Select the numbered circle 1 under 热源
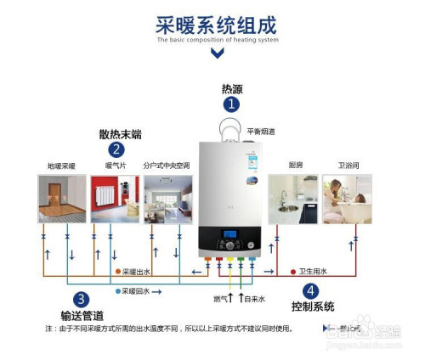tap(230, 104)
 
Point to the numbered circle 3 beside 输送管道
tap(81, 299)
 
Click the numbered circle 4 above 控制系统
tap(311, 290)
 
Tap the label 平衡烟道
tap(261, 132)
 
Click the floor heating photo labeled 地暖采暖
tap(61, 199)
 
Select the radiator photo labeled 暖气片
tap(114, 199)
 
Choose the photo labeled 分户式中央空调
tap(167, 199)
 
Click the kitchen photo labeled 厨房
tap(293, 199)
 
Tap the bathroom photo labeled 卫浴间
tap(347, 199)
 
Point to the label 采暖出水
tap(137, 272)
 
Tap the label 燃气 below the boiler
tap(220, 300)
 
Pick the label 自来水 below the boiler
tap(254, 300)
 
